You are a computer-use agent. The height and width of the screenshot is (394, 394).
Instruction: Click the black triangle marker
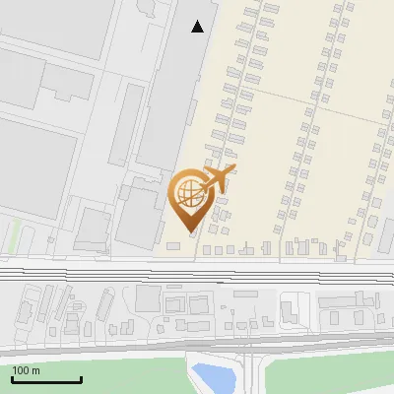tap(198, 27)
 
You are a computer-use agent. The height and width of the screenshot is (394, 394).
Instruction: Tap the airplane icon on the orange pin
tap(218, 179)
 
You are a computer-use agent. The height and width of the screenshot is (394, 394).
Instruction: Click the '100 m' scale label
tap(26, 370)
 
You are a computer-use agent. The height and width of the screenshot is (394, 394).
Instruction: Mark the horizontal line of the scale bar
tap(46, 379)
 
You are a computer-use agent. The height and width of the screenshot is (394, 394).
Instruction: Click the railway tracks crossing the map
tap(197, 273)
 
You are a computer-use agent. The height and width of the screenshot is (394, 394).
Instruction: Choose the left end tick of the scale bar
tap(12, 377)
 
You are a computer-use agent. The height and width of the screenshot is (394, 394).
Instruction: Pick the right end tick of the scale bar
tap(81, 377)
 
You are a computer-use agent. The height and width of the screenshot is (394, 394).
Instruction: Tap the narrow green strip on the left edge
tap(13, 236)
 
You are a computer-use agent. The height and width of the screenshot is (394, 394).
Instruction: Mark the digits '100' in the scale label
tap(21, 370)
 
